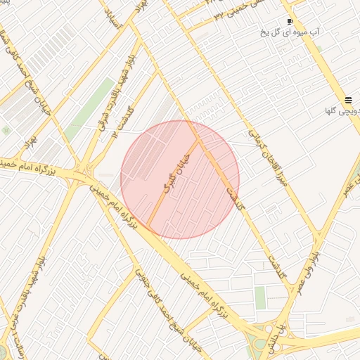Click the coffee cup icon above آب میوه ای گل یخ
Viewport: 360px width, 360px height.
pyautogui.click(x=290, y=22)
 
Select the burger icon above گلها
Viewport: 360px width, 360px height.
pyautogui.click(x=349, y=100)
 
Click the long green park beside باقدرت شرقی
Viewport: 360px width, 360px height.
pyautogui.click(x=91, y=108)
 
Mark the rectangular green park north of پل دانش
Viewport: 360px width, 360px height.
pyautogui.click(x=260, y=297)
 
